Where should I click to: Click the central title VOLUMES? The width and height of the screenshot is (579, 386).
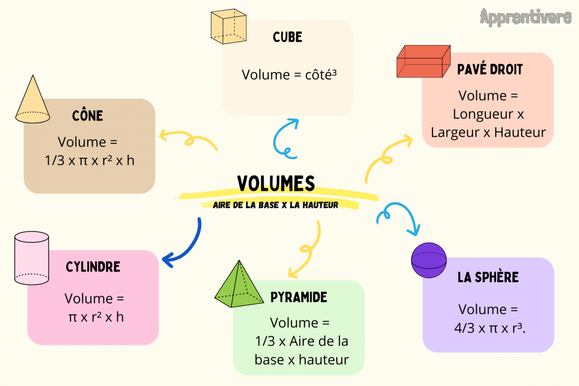point(276,183)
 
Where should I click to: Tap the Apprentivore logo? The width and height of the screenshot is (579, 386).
point(526,18)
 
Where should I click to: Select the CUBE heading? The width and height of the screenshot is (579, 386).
point(287,37)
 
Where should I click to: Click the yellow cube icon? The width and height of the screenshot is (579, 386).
point(229,28)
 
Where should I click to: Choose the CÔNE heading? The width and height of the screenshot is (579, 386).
point(88,115)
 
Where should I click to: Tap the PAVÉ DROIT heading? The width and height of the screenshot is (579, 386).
point(489,70)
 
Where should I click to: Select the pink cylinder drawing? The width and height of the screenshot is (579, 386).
point(32,258)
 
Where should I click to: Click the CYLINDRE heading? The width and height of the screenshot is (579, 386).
point(93,267)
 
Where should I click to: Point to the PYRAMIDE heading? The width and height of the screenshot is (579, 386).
point(299,297)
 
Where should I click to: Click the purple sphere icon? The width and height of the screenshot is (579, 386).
point(428,260)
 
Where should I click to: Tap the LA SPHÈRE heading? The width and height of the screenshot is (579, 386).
point(488,277)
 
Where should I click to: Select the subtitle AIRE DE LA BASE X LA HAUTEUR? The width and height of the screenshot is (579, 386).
point(276,205)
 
